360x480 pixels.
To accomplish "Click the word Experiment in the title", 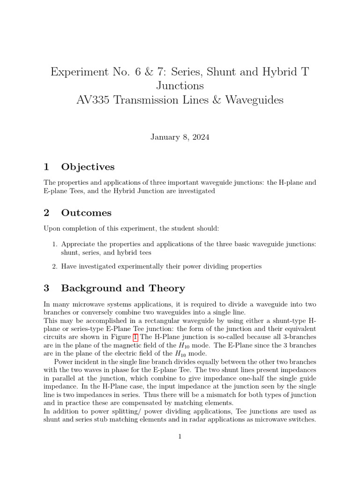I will [78, 72].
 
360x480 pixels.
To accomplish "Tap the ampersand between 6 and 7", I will [151, 72].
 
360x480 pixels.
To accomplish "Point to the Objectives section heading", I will [88, 167].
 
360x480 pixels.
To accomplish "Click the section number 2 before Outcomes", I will [46, 213].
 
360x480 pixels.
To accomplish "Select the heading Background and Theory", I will [123, 288].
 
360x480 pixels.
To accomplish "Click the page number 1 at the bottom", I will [180, 437].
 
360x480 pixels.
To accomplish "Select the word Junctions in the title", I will [180, 86].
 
